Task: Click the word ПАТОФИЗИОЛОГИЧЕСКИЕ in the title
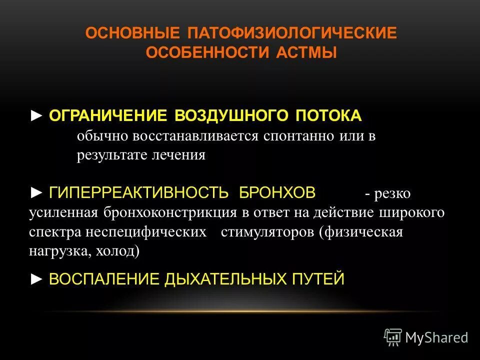[292, 33]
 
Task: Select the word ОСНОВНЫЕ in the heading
[132, 33]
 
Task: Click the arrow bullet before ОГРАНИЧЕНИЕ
[37, 116]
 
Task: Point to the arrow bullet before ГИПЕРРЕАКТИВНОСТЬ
[37, 192]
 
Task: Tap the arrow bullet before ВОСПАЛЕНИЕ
[37, 278]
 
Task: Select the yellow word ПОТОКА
[328, 116]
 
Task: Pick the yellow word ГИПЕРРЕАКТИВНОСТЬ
[139, 192]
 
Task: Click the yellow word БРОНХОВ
[277, 192]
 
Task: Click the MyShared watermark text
[436, 337]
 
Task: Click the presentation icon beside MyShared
[393, 337]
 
